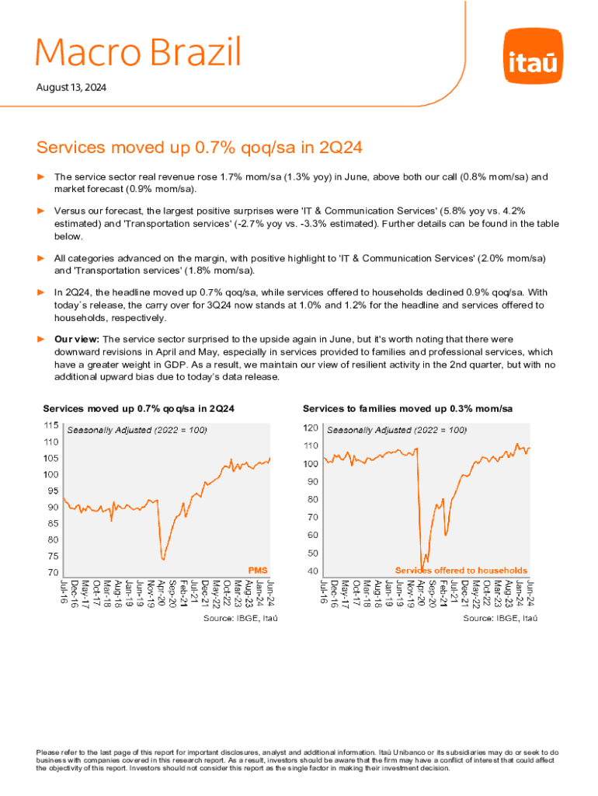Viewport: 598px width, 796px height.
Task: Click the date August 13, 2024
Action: click(x=71, y=88)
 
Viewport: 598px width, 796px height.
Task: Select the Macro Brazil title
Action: click(x=138, y=53)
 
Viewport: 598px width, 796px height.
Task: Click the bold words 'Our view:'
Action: click(x=77, y=339)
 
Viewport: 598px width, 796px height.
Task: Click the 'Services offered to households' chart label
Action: click(x=461, y=570)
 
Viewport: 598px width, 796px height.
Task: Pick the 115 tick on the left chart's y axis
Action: click(x=50, y=425)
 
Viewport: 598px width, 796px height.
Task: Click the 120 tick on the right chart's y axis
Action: click(x=310, y=428)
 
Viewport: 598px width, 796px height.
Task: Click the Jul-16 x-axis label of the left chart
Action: click(x=64, y=592)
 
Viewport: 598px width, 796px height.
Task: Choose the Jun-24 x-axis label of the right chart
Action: click(x=530, y=592)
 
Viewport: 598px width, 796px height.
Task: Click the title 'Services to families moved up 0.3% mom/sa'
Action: click(x=407, y=408)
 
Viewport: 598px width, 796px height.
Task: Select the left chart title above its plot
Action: click(x=139, y=408)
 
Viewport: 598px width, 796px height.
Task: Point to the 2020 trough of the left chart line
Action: click(x=163, y=558)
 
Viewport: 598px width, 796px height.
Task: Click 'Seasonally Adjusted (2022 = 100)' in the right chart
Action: click(x=396, y=429)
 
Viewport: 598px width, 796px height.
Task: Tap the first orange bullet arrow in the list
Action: click(x=42, y=177)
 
